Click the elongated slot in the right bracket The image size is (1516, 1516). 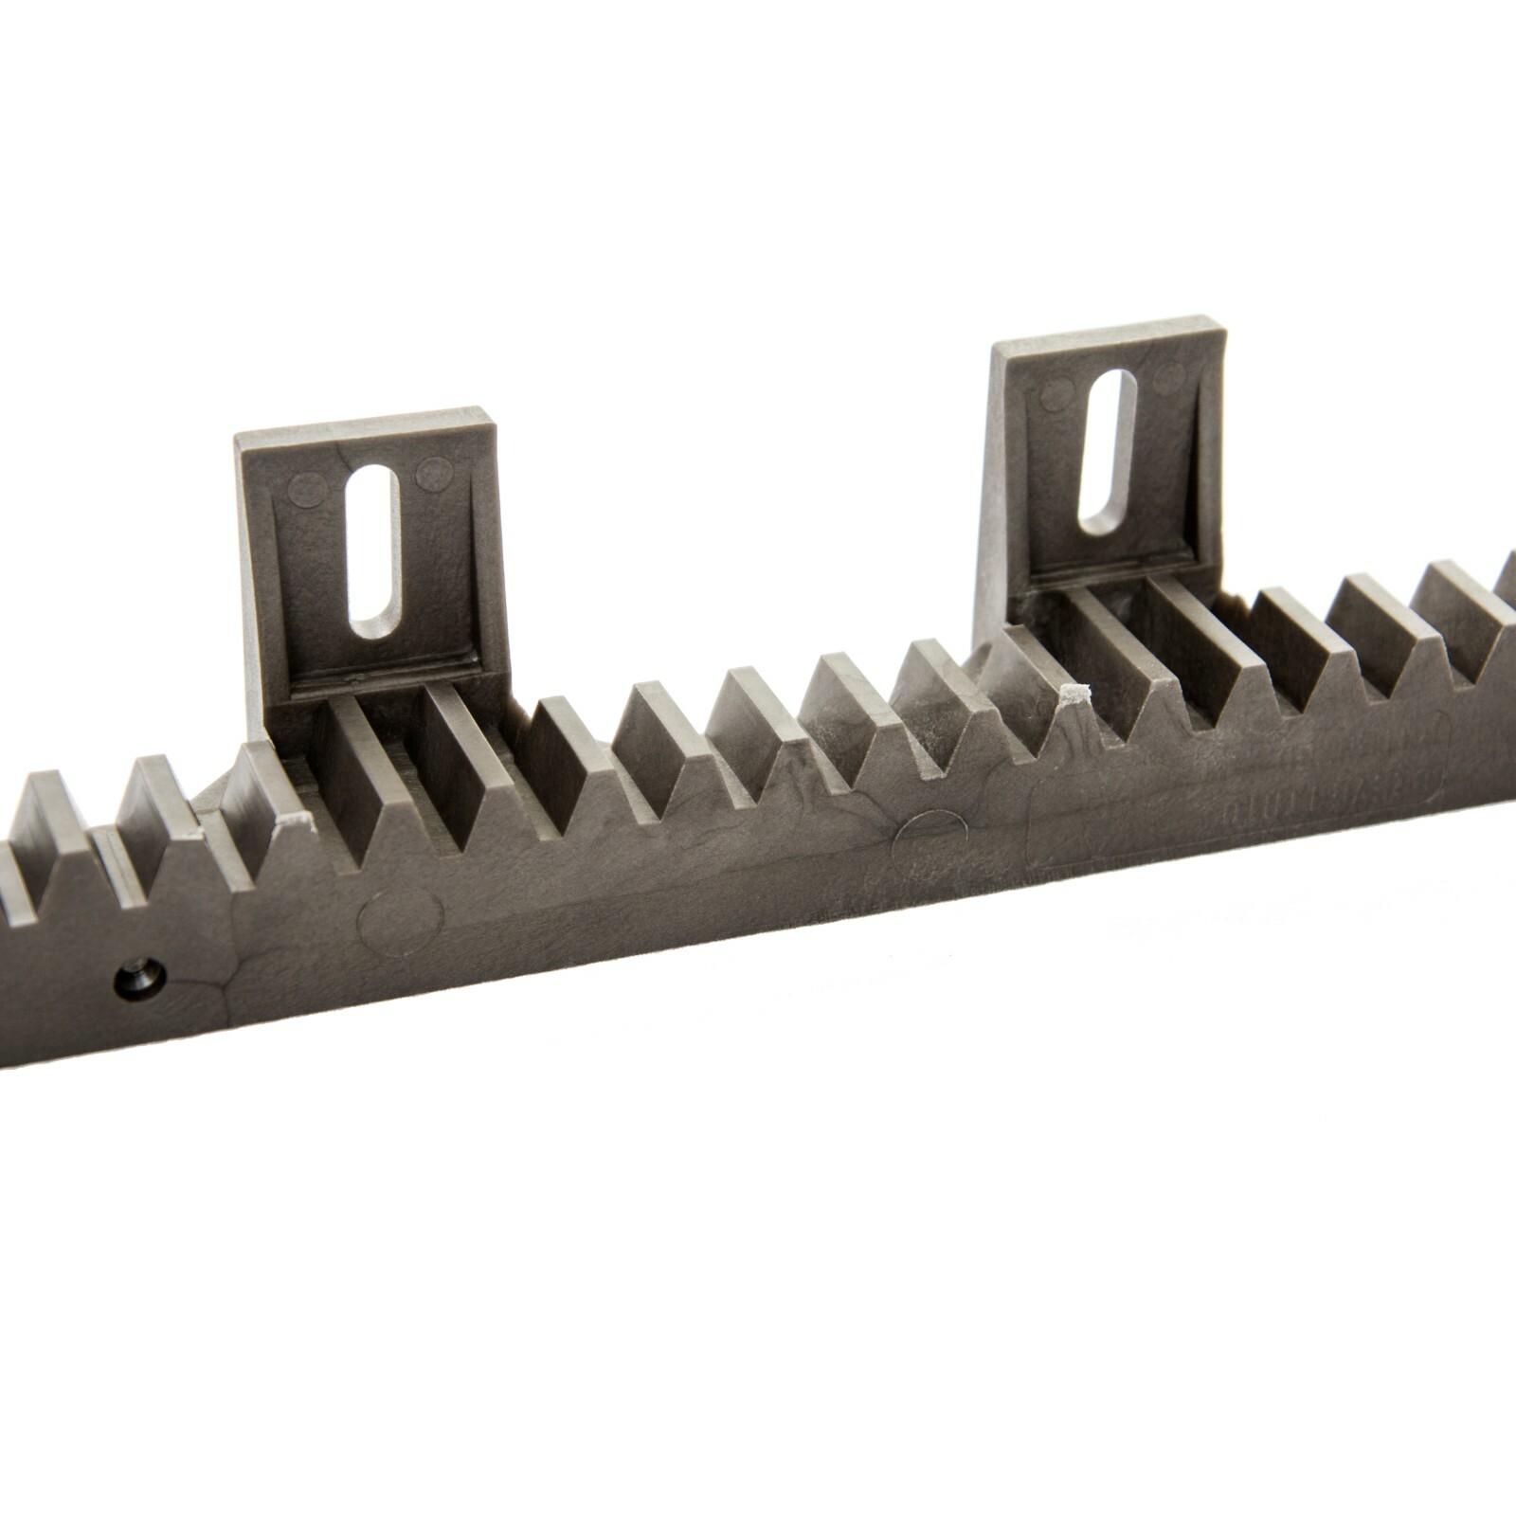click(x=1108, y=450)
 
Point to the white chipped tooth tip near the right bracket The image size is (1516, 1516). click(x=1074, y=695)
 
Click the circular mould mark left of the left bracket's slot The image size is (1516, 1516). click(x=305, y=489)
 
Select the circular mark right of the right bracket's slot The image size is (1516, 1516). click(x=1169, y=379)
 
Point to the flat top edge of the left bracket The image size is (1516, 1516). click(x=365, y=424)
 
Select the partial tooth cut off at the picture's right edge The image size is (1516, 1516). click(x=1507, y=578)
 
